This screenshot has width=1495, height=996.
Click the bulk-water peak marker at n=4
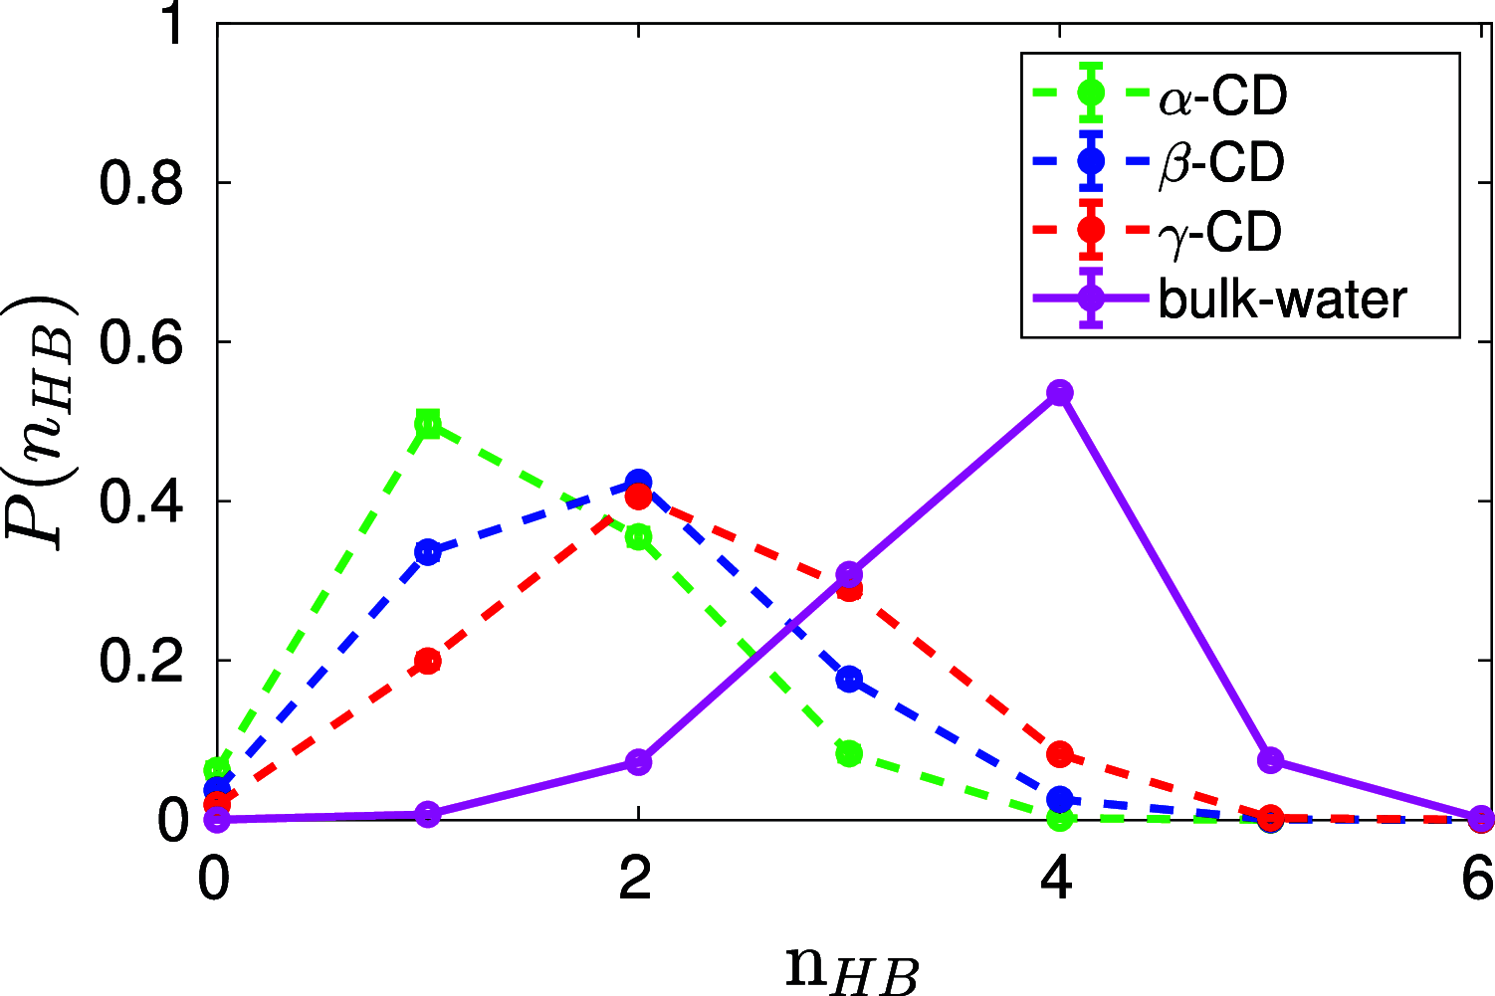(x=1060, y=392)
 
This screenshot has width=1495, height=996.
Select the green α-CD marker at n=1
(x=428, y=424)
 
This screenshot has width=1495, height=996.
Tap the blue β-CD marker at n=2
(x=639, y=482)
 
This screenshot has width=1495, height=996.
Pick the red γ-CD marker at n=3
(x=849, y=589)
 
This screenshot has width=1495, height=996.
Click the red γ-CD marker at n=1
(x=428, y=661)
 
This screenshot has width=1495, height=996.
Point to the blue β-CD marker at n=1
(x=428, y=552)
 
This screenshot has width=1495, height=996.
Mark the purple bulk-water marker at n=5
(x=1270, y=760)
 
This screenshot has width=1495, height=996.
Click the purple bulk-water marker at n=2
(x=639, y=762)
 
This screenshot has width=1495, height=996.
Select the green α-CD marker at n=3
(x=849, y=753)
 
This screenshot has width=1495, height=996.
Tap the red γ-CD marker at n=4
(x=1060, y=753)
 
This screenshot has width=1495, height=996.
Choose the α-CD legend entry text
(x=1223, y=97)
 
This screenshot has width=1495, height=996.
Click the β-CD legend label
(x=1221, y=164)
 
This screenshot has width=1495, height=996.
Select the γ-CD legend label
(x=1219, y=232)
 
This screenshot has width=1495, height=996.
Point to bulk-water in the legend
(x=1283, y=299)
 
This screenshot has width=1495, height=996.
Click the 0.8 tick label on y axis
(x=141, y=183)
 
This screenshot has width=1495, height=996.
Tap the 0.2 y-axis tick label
(x=141, y=661)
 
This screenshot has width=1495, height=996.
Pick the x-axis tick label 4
(x=1058, y=880)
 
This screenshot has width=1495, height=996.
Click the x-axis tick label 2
(x=637, y=880)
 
